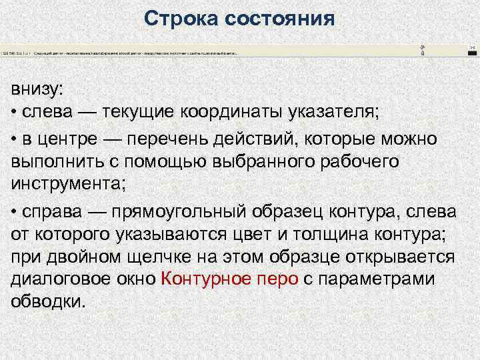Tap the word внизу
[x=37, y=89]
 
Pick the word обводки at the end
[x=48, y=301]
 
